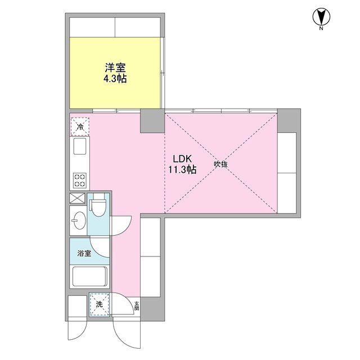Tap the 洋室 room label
(114, 67)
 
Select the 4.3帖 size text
(114, 79)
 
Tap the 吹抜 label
(220, 164)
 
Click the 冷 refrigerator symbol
(79, 127)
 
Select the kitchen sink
(79, 148)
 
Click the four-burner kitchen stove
(79, 180)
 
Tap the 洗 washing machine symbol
(99, 304)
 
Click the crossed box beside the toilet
(77, 198)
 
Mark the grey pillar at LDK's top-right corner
(290, 120)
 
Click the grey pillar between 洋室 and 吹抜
(152, 121)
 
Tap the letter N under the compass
(321, 28)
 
